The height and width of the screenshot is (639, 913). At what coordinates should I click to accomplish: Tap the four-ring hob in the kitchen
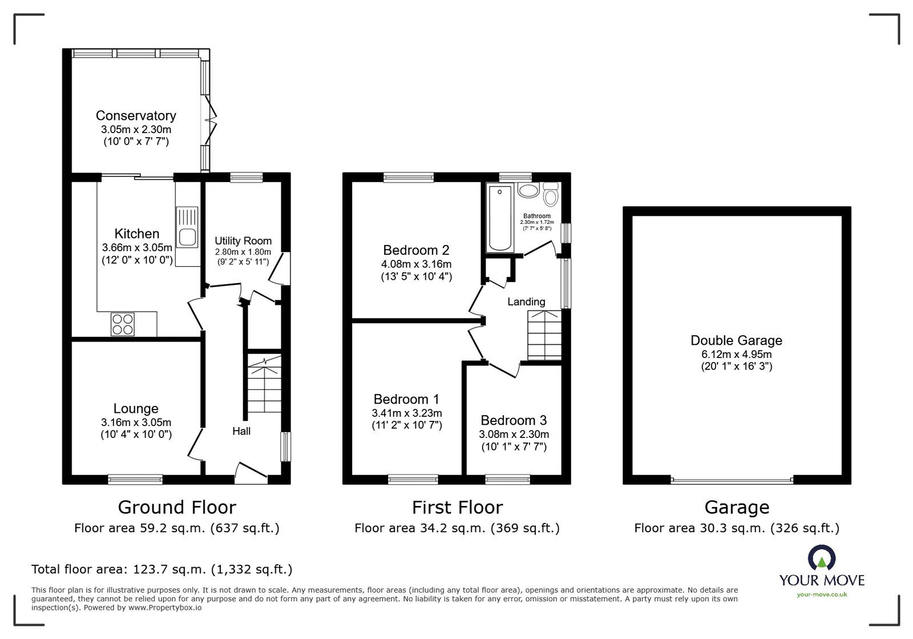122,324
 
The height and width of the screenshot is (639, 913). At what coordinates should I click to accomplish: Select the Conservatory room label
136,116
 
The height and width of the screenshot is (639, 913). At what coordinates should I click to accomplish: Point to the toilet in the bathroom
551,195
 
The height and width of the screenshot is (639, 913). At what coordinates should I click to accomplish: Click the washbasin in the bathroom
528,190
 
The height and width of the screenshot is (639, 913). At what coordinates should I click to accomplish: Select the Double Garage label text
736,340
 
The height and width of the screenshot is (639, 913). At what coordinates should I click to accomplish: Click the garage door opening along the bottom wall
732,480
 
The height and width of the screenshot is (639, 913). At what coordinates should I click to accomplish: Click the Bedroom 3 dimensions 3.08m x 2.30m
514,435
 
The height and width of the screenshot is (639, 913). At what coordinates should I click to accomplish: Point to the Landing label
526,302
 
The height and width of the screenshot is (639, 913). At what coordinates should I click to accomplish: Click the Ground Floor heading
177,507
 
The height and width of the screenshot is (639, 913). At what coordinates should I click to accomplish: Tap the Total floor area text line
161,569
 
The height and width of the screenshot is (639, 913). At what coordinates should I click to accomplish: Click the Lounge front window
135,480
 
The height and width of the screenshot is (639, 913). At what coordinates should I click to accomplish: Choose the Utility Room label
243,241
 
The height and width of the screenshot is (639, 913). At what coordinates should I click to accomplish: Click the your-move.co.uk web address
822,595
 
